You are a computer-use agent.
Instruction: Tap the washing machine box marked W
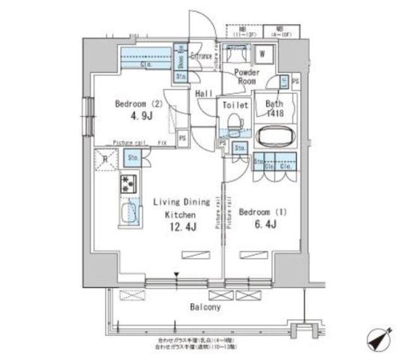pos(264,55)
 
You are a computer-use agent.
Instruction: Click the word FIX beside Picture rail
pos(160,142)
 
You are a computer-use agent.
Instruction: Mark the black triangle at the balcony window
pos(177,275)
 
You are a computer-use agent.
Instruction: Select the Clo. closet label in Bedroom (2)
pos(147,64)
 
